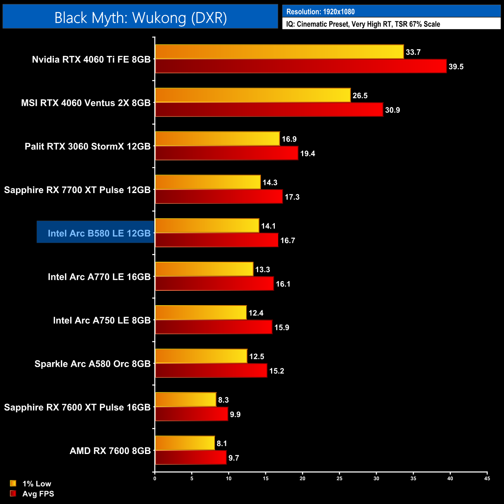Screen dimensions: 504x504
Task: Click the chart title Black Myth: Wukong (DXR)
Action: click(140, 18)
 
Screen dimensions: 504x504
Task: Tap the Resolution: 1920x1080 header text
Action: click(320, 12)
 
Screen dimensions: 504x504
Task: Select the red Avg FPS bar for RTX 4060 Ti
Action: click(300, 66)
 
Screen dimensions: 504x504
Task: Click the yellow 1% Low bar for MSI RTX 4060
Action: click(253, 95)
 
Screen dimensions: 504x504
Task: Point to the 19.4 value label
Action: click(307, 154)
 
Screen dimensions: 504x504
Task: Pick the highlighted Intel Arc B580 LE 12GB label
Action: click(99, 233)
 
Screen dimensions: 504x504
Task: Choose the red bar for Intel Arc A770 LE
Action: click(214, 284)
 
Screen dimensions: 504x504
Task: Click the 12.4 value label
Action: click(256, 313)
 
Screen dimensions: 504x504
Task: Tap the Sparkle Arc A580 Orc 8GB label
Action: click(92, 364)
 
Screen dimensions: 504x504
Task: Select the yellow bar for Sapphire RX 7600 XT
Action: click(186, 400)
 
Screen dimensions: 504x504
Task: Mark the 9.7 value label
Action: click(233, 458)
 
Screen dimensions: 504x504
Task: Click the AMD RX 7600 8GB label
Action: click(110, 451)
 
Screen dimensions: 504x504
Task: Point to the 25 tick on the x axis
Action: click(339, 478)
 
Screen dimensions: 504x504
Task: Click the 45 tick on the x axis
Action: click(487, 478)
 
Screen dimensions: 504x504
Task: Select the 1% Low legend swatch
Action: click(13, 483)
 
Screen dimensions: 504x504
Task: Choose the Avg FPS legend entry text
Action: click(38, 494)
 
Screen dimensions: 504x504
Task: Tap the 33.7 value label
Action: click(413, 52)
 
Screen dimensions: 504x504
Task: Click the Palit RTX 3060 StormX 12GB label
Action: click(88, 147)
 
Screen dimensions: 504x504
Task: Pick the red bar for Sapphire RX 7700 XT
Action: click(219, 197)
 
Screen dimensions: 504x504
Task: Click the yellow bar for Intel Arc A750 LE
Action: click(201, 313)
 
